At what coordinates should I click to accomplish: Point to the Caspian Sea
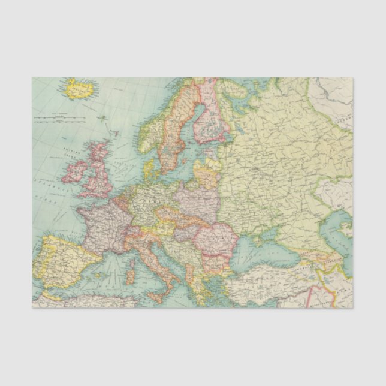[342, 234]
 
